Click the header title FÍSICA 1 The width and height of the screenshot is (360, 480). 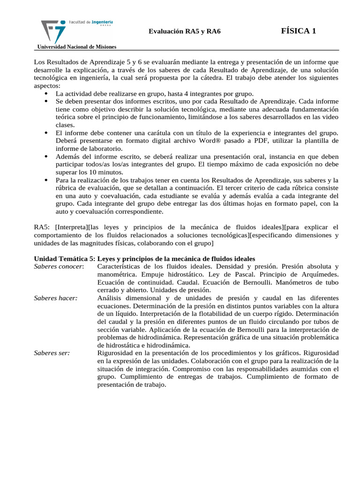coord(299,31)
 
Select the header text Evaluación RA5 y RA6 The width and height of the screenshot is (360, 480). coord(184,31)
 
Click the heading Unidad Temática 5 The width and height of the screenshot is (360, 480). coord(64,258)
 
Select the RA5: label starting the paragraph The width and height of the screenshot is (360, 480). coord(42,227)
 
